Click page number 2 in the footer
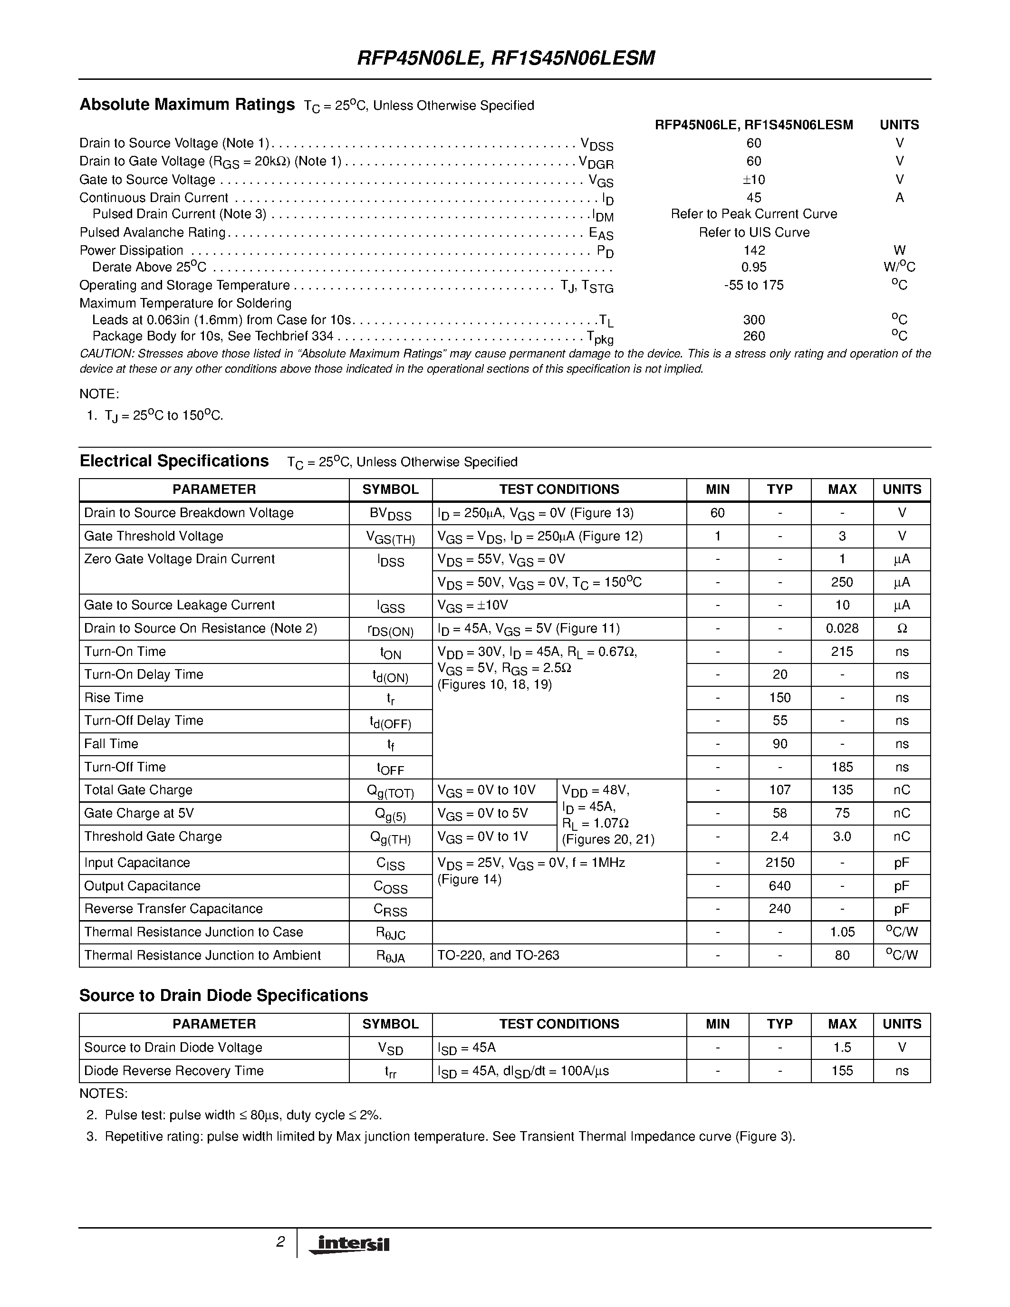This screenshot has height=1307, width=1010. (280, 1242)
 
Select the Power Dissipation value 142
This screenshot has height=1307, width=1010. (754, 250)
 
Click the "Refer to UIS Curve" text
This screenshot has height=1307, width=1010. (754, 232)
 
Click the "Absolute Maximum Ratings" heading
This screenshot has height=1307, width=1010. (187, 105)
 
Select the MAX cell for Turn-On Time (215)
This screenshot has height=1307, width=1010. (842, 652)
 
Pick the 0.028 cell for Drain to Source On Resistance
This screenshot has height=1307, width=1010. (842, 628)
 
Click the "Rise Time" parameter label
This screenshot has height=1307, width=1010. (114, 698)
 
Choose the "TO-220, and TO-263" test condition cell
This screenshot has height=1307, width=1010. (499, 955)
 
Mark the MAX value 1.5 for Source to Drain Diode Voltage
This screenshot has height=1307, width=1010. (842, 1048)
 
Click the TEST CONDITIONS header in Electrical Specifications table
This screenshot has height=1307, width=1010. (559, 490)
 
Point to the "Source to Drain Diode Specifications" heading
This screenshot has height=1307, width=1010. (224, 996)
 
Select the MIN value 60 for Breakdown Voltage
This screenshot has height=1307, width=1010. (717, 513)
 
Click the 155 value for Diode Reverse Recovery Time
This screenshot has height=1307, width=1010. (842, 1071)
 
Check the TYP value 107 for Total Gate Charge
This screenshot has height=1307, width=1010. (779, 790)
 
